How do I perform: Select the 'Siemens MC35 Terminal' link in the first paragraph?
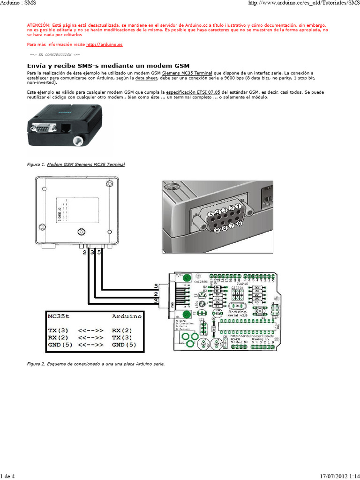click(190, 74)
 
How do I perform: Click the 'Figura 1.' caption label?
click(37, 165)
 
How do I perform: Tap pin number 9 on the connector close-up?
click(216, 230)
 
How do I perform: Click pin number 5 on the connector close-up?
click(211, 214)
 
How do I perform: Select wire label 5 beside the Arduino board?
click(156, 285)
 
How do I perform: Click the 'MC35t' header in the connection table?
click(59, 316)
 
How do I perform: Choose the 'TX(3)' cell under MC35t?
click(58, 330)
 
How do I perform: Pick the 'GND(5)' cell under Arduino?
click(124, 345)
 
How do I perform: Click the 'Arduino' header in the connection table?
click(127, 316)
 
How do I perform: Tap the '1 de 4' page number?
click(7, 476)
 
